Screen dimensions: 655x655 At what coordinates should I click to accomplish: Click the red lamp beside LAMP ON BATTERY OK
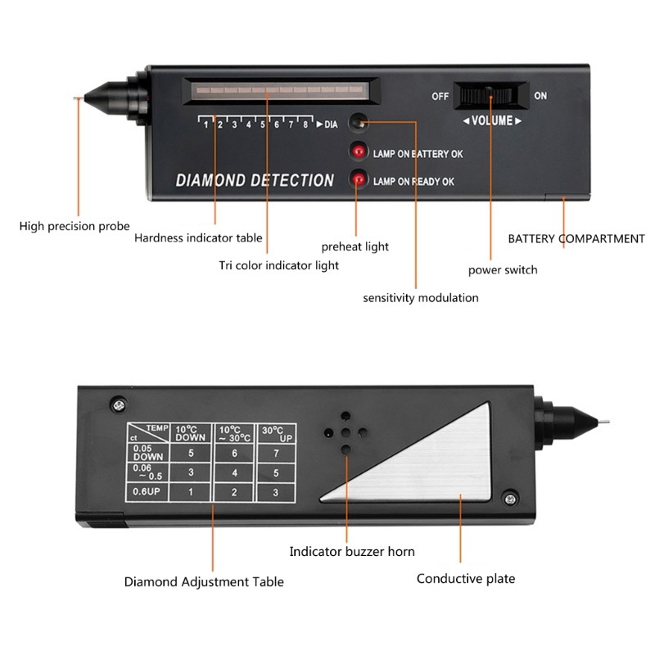tap(358, 151)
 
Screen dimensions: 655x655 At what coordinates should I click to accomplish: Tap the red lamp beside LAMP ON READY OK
tap(358, 179)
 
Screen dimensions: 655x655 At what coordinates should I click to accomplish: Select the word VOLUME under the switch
tap(493, 120)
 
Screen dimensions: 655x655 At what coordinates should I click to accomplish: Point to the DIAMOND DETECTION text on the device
tap(255, 180)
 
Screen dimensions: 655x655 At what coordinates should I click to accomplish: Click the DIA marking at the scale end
tap(331, 124)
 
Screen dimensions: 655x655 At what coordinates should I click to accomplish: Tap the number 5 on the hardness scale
tap(263, 124)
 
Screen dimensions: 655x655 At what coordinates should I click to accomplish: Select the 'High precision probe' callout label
tap(75, 226)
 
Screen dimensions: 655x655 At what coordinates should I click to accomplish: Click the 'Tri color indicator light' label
tap(278, 265)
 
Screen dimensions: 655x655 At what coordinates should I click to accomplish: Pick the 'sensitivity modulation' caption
tap(421, 298)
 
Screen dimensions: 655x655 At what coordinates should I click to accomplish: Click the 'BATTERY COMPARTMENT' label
tap(576, 239)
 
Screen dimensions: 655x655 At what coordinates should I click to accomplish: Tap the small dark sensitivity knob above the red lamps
tap(357, 123)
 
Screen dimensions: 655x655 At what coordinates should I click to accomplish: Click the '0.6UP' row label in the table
tap(145, 491)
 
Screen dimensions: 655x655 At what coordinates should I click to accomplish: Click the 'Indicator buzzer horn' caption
tap(352, 552)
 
